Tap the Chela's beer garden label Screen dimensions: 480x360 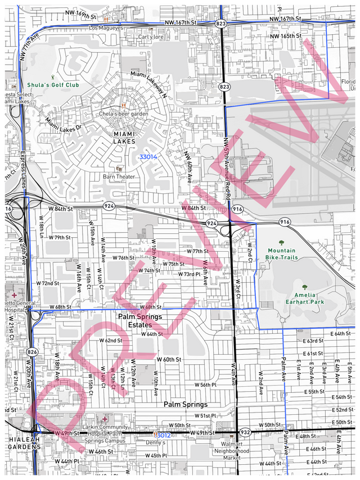coord(124,114)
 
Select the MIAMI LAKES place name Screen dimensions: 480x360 coord(124,138)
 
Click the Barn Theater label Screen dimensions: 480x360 coord(119,176)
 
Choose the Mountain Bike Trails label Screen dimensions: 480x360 coord(281,253)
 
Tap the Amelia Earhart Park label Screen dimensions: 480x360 coord(305,298)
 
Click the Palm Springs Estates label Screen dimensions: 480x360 coord(140,320)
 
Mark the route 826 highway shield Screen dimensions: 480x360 coord(33,352)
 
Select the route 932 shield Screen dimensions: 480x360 coord(245,432)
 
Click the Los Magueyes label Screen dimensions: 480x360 coord(106,28)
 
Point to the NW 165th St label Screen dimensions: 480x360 coord(286,36)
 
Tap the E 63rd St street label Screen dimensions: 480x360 coord(313,341)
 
